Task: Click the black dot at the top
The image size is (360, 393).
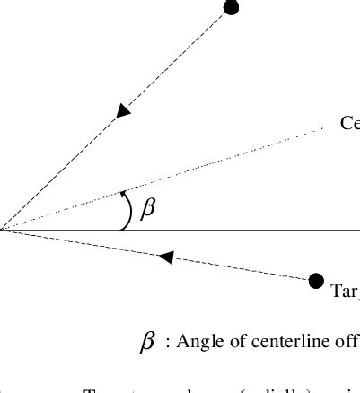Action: pos(231,8)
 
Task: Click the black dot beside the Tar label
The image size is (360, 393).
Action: pos(315,281)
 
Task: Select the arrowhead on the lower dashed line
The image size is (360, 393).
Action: pos(165,258)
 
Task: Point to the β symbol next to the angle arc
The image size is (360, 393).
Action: pos(148,209)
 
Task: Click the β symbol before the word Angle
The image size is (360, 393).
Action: pos(147,342)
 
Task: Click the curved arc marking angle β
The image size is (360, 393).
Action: pos(129,211)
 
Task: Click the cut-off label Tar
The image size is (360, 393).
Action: pos(345,291)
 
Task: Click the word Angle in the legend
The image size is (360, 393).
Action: pos(199,342)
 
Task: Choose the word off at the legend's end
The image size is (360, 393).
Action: pos(347,342)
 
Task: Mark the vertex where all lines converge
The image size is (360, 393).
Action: pos(3,230)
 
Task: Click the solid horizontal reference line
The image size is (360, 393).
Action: pos(251,231)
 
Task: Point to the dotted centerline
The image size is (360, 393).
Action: pos(224,161)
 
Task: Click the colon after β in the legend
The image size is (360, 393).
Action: pos(168,343)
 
